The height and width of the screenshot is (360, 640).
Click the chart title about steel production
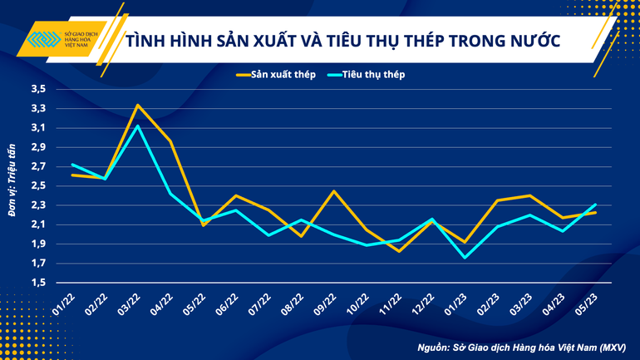(342, 41)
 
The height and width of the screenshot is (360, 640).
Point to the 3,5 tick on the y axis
(39, 89)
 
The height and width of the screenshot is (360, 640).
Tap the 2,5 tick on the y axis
(39, 186)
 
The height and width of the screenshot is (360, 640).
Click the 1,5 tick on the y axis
(39, 284)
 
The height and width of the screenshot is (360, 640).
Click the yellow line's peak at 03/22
(138, 105)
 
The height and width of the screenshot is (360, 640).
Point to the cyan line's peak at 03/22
(138, 126)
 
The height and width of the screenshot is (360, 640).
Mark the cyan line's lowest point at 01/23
(465, 258)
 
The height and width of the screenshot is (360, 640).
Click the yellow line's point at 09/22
(334, 191)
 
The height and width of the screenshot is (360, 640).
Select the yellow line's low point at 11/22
(399, 251)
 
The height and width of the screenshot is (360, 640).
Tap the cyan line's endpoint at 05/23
(595, 205)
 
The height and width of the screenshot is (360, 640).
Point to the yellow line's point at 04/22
(170, 141)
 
